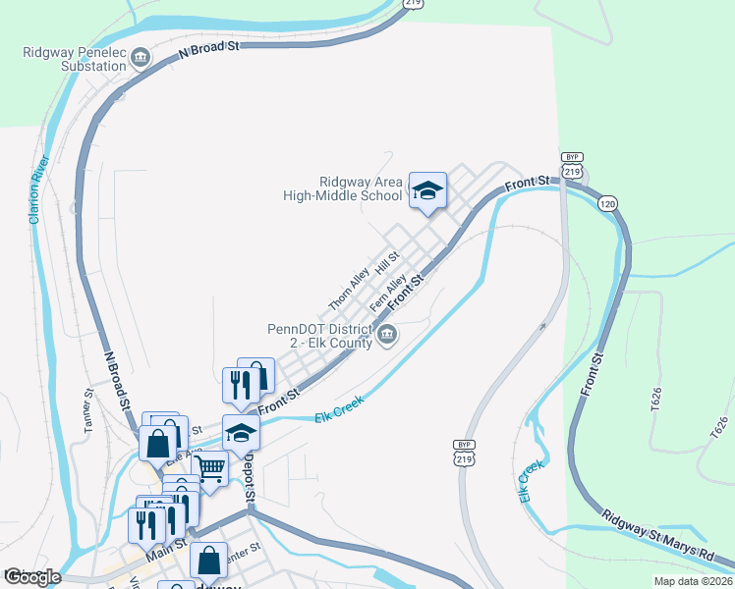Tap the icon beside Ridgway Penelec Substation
141,59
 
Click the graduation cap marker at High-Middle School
427,189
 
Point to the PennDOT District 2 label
319,337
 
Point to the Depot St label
250,478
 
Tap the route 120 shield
608,203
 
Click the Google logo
32,577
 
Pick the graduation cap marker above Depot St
241,432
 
